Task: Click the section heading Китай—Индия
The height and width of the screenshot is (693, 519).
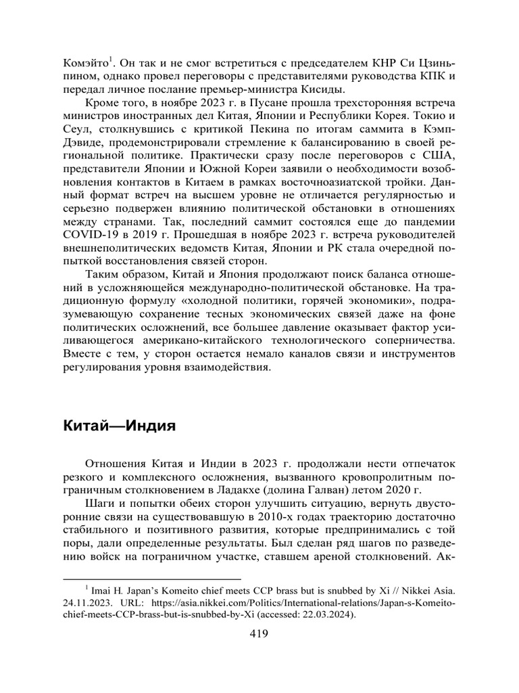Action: [120, 427]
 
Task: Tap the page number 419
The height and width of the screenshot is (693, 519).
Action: [259, 634]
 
